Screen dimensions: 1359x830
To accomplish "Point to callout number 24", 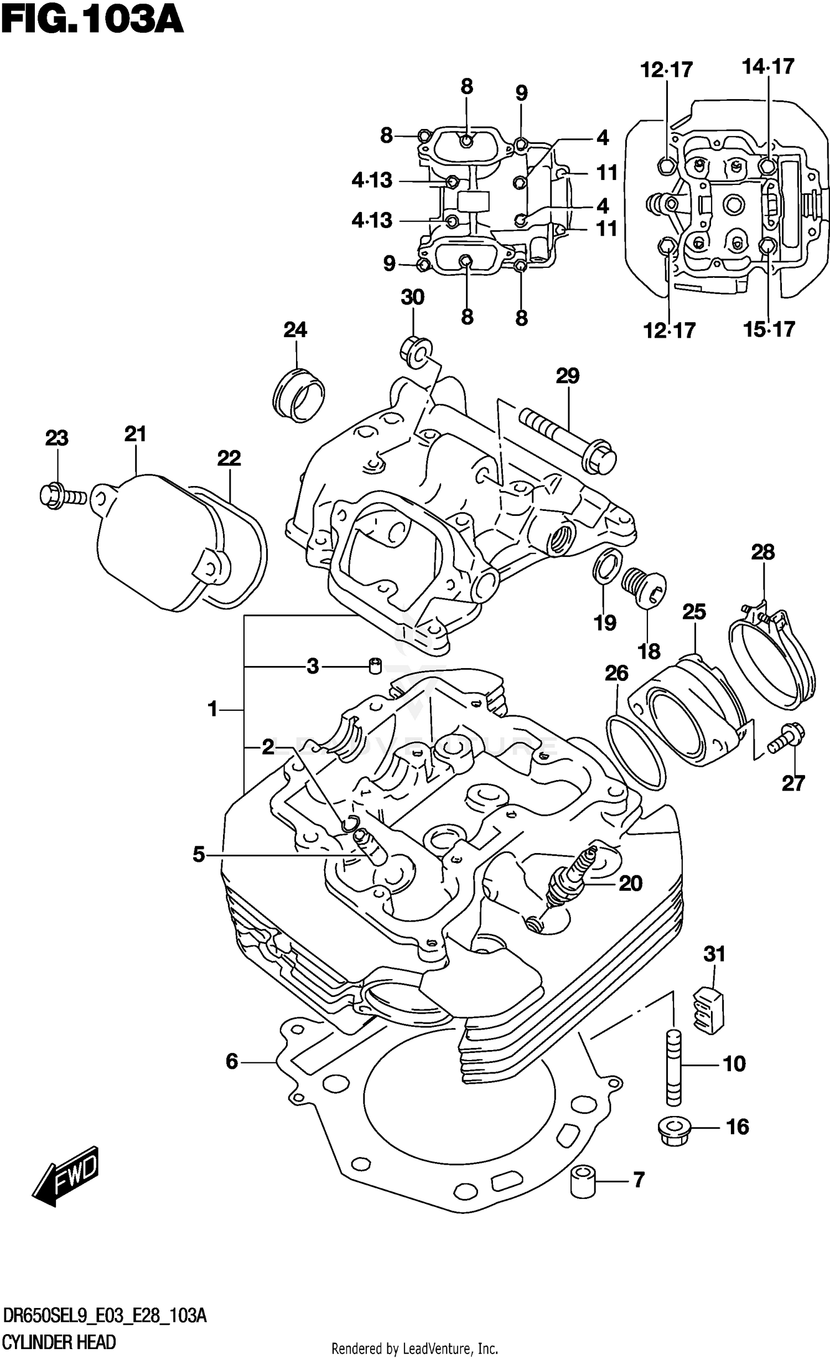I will pos(295,330).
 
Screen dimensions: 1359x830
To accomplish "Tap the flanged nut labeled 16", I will pos(674,1127).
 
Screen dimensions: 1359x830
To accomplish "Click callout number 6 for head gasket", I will pos(232,1061).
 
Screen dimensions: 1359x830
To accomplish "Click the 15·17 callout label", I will pos(769,329).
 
